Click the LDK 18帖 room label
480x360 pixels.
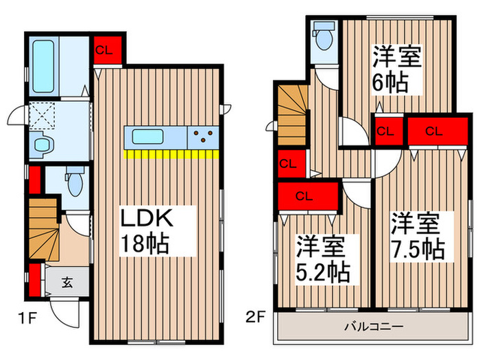[x=145, y=231]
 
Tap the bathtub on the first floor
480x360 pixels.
[x=43, y=67]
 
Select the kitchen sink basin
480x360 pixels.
[x=147, y=136]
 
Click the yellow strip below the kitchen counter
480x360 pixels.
[x=171, y=154]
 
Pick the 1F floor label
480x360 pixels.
[x=27, y=318]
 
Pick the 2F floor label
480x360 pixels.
[x=255, y=317]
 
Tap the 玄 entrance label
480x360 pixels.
[x=67, y=283]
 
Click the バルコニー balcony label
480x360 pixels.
[x=374, y=327]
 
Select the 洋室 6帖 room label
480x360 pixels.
[x=397, y=69]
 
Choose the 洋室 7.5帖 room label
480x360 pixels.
[x=418, y=236]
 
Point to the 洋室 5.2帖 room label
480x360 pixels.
[x=323, y=259]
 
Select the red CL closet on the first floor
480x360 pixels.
[x=108, y=50]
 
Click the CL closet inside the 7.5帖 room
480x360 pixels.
[x=437, y=131]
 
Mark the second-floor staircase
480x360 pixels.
[x=293, y=115]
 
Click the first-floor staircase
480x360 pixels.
[x=44, y=229]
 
